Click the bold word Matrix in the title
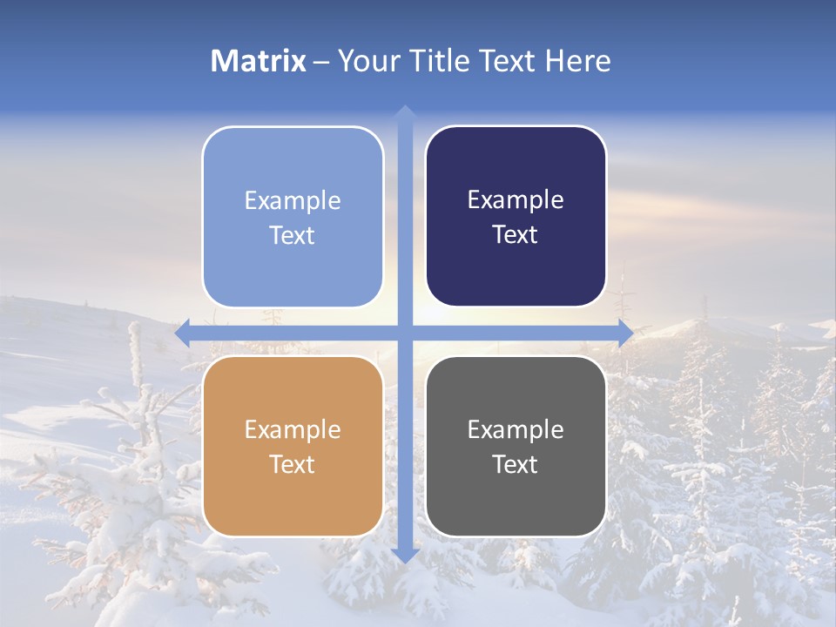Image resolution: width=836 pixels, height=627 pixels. (x=259, y=61)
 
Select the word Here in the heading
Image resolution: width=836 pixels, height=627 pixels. (x=578, y=61)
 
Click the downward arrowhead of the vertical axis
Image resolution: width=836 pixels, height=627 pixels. (x=404, y=555)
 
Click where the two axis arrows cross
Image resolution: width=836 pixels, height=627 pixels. (x=404, y=334)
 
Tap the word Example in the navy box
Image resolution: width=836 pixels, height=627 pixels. (x=516, y=200)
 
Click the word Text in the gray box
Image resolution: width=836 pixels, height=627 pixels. (x=516, y=464)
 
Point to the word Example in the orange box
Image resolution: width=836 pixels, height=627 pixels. (x=293, y=429)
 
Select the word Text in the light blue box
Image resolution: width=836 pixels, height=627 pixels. (x=293, y=235)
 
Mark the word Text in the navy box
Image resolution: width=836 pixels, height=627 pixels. (x=516, y=235)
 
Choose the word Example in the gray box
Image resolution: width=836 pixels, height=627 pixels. (x=516, y=429)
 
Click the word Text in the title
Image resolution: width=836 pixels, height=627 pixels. (x=509, y=61)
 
